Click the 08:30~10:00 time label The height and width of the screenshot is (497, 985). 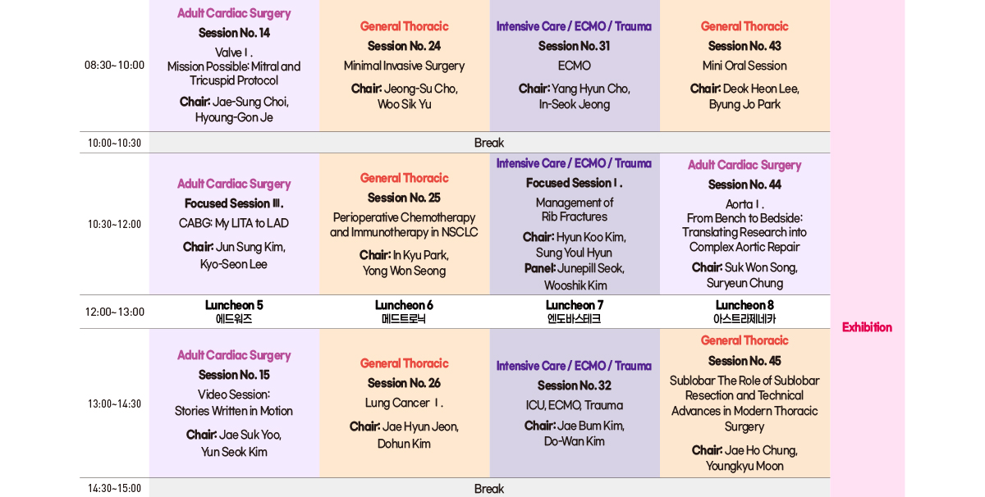[114, 66]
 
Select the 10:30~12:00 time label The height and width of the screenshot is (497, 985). [114, 224]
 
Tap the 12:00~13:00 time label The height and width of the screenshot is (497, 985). [114, 312]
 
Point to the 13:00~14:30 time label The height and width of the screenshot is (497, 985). [114, 404]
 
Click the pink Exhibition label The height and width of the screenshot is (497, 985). [867, 327]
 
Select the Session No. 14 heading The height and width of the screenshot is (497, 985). [234, 33]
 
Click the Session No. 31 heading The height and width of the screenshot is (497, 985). [574, 46]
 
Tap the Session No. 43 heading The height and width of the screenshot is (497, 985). [744, 46]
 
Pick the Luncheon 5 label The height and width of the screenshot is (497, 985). [234, 305]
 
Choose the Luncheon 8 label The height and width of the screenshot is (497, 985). [744, 305]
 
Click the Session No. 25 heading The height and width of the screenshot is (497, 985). [404, 198]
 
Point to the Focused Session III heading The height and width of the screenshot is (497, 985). [234, 203]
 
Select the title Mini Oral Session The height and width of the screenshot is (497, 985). [744, 66]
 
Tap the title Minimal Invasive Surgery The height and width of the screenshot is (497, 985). [404, 66]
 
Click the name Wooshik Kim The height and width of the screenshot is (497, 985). [575, 285]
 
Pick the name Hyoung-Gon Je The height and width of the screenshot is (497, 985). [234, 117]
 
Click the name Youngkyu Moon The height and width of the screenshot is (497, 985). [744, 466]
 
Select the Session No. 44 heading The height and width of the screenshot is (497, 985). [744, 185]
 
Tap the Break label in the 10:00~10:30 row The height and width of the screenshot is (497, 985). [489, 143]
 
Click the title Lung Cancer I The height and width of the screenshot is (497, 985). [404, 403]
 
